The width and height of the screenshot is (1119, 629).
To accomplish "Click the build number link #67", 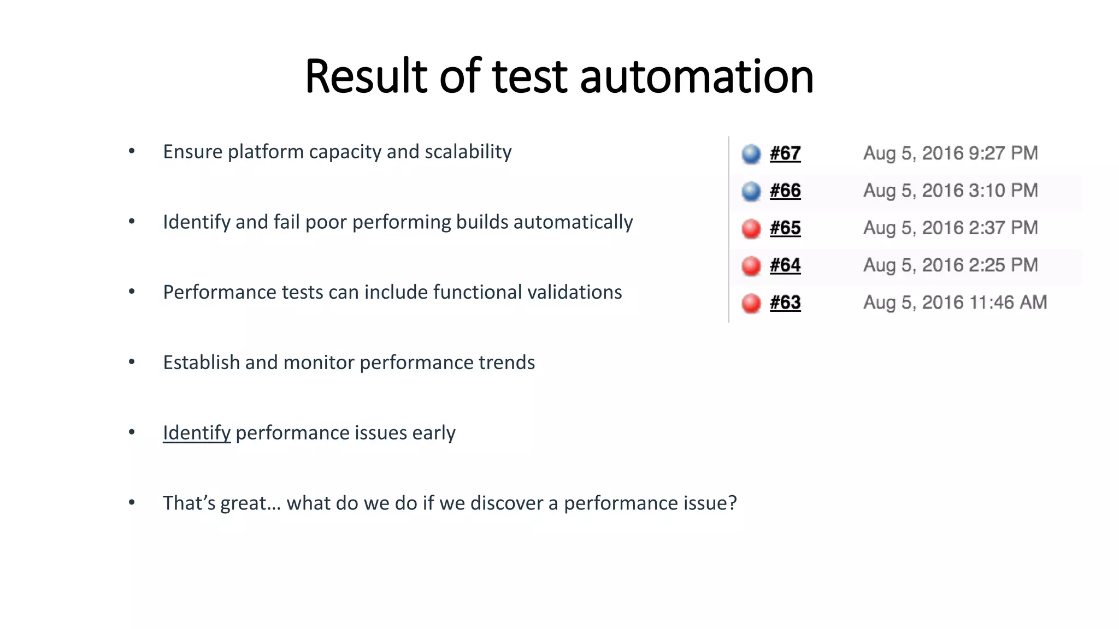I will point(785,153).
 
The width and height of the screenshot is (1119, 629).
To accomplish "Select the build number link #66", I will point(785,191).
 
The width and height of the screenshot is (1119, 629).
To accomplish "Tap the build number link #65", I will point(785,228).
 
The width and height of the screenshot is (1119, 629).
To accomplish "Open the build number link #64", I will point(785,265).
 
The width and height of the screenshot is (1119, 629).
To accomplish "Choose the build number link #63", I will point(785,302).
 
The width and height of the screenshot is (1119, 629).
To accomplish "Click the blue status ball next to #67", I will point(751,154).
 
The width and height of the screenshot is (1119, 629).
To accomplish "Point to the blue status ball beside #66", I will point(751,191).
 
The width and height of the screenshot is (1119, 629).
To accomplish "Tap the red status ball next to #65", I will point(751,228).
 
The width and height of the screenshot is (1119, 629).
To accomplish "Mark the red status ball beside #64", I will point(751,266).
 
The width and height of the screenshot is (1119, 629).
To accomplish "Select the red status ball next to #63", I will point(751,303).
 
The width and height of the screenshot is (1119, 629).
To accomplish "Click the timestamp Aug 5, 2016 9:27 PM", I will point(950,153).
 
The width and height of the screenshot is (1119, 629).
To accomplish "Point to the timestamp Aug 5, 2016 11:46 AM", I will point(955,302).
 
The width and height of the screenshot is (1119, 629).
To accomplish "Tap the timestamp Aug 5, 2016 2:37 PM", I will point(950,228).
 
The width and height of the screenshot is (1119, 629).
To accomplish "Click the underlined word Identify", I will point(197,432).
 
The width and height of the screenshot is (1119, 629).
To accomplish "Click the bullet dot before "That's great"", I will point(132,502).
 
